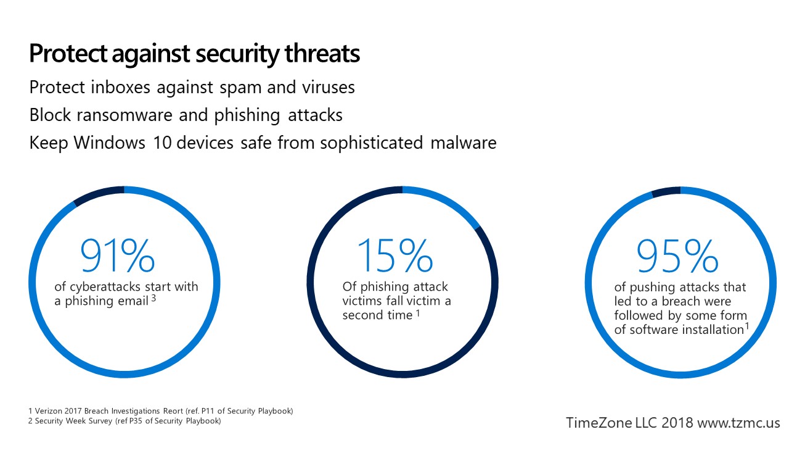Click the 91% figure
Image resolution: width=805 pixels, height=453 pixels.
click(118, 255)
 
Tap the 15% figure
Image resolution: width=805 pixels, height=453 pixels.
click(395, 255)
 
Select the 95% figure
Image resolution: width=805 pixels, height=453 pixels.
click(677, 256)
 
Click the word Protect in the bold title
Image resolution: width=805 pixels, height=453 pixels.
click(68, 54)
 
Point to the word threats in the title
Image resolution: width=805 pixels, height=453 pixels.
click(322, 54)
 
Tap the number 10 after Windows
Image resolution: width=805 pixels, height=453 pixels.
click(163, 143)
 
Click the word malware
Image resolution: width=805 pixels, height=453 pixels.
click(464, 143)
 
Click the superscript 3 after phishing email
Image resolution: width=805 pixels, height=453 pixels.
click(153, 298)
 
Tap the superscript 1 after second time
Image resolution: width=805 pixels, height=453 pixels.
click(418, 314)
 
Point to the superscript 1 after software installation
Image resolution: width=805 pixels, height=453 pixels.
click(747, 326)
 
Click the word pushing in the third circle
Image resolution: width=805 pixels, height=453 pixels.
click(653, 288)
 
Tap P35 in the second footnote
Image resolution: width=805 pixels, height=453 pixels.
click(136, 421)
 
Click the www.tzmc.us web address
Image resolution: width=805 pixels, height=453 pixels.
click(739, 423)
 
